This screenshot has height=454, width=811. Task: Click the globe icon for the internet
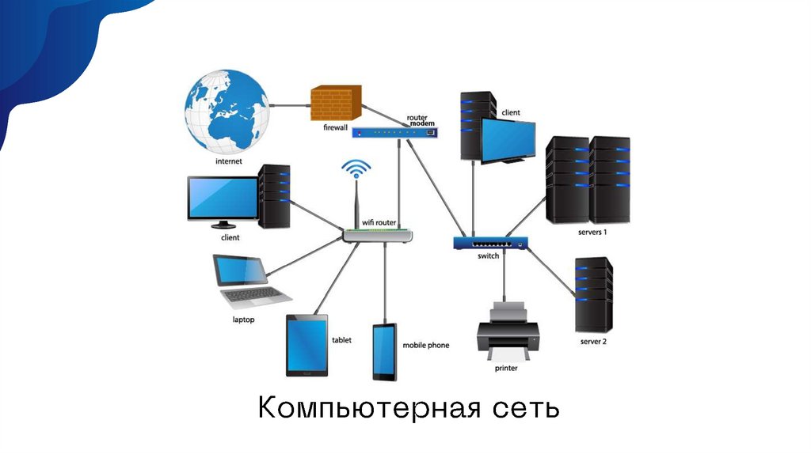(x=228, y=112)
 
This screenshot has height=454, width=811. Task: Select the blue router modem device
(x=394, y=133)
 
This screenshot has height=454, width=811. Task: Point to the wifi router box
(x=378, y=236)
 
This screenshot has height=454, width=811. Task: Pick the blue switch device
(x=490, y=244)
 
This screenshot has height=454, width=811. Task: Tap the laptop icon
(x=247, y=282)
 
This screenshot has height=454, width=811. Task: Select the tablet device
(x=307, y=346)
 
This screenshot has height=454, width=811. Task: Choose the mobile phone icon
(x=385, y=352)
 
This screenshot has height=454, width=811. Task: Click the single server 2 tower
(x=594, y=293)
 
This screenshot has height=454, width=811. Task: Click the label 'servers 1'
(x=592, y=233)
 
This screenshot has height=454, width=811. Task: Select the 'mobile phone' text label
(x=425, y=346)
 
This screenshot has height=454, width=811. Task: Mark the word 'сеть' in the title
(x=525, y=409)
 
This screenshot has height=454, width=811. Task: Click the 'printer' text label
(x=506, y=368)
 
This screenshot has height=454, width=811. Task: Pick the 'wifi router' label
(x=379, y=223)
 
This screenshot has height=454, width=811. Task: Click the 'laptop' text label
(x=242, y=320)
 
